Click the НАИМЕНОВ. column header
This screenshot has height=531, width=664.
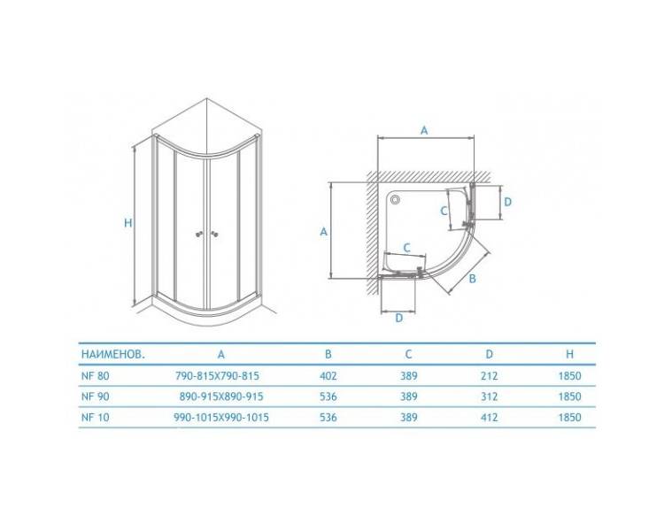point(113,354)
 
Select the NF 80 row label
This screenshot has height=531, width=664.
point(96,375)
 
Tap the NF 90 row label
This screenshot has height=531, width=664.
point(96,396)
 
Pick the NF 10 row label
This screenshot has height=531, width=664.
point(96,417)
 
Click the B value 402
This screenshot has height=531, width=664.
point(328,375)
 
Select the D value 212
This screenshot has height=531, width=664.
point(489,375)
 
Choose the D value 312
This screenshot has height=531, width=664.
point(489,396)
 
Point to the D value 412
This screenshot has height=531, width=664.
point(489,417)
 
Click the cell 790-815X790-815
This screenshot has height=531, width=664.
point(217,375)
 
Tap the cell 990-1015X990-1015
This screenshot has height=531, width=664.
point(221,417)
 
